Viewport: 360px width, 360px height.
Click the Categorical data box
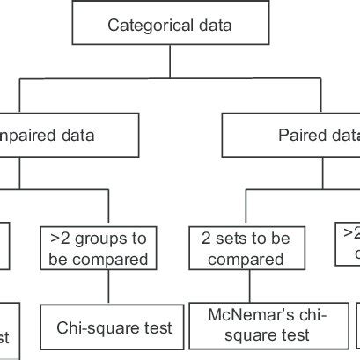pos(170,25)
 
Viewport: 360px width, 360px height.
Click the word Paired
pos(299,136)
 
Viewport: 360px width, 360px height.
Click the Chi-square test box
pos(114,327)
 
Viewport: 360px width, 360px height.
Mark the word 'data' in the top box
pos(213,25)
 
